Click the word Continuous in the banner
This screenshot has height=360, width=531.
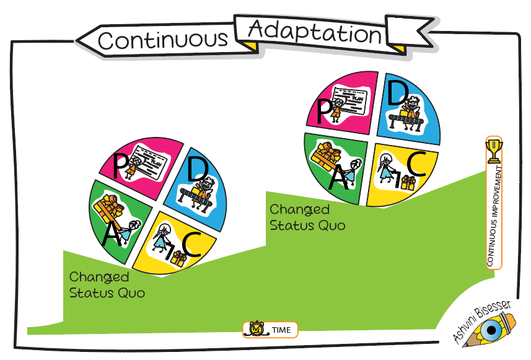click(162, 40)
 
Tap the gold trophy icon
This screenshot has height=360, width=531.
click(494, 151)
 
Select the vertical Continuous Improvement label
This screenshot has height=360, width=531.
click(494, 216)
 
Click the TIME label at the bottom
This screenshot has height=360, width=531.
click(281, 330)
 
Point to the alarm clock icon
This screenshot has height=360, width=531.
click(257, 329)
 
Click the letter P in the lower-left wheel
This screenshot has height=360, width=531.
click(119, 166)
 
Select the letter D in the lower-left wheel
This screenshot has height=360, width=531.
click(198, 170)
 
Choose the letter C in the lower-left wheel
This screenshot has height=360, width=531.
click(191, 245)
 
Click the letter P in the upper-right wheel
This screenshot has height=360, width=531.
click(324, 111)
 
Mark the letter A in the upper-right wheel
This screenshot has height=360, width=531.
click(338, 177)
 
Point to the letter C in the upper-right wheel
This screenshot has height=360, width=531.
click(416, 164)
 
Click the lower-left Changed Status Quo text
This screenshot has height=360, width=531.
click(107, 285)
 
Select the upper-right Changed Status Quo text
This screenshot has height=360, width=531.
click(307, 217)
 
